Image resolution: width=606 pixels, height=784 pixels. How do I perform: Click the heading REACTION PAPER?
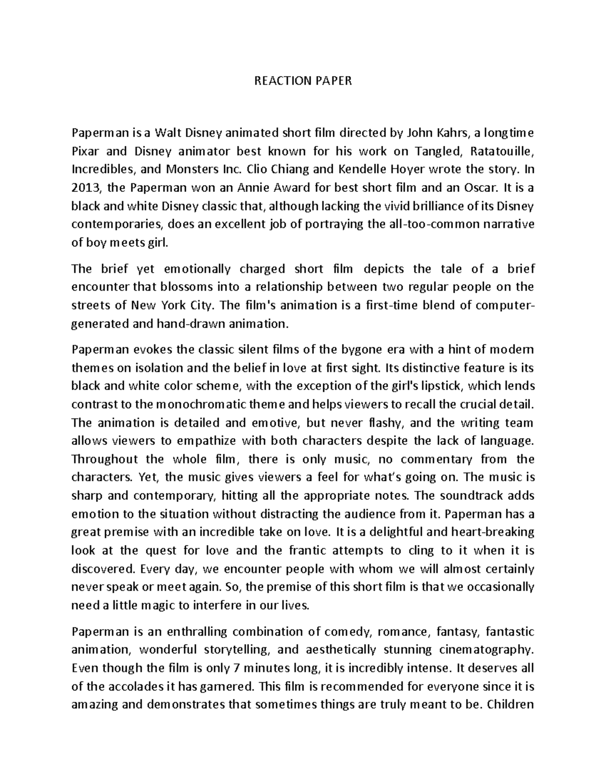302,81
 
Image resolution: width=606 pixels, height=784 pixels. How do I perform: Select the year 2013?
86,188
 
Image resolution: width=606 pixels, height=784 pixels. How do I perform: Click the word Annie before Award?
243,188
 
